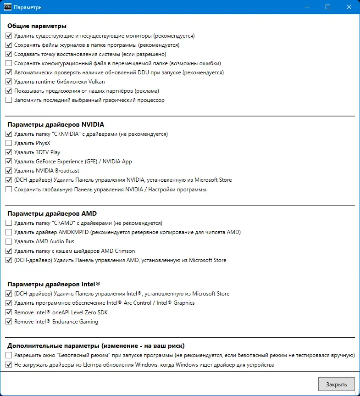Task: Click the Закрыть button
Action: pos(336,384)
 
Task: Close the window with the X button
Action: pos(349,7)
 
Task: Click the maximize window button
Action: pos(328,7)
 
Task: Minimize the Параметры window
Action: pos(307,7)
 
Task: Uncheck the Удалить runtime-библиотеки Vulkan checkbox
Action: pos(9,82)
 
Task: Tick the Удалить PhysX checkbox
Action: pos(9,143)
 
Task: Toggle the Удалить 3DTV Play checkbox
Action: pos(9,152)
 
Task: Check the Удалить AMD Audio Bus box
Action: pos(9,241)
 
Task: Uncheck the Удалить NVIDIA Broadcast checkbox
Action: pos(9,171)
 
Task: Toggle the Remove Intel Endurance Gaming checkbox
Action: pos(9,322)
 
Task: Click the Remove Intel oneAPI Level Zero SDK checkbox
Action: pos(9,312)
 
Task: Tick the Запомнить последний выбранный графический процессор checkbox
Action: pos(9,100)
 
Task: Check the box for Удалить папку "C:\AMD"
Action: pos(9,223)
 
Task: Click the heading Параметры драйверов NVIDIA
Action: pos(55,124)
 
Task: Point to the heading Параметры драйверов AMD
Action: pos(52,213)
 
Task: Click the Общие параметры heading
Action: pos(37,26)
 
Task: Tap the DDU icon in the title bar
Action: pos(7,7)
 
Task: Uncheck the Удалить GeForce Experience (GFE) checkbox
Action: pos(9,162)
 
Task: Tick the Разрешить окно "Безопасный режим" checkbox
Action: pos(9,356)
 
